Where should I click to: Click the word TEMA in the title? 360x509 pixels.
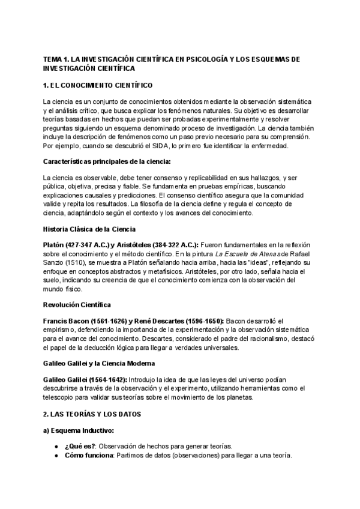coord(53,61)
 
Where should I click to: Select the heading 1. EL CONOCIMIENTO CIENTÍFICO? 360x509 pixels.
coord(98,85)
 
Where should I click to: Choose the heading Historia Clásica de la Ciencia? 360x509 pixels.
coord(90,229)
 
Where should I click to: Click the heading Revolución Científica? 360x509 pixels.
coord(77,305)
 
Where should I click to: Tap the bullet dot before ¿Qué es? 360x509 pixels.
coord(56,446)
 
